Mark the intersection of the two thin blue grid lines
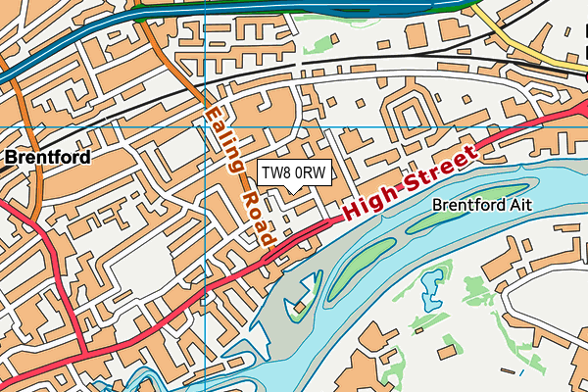pos(204,126)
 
